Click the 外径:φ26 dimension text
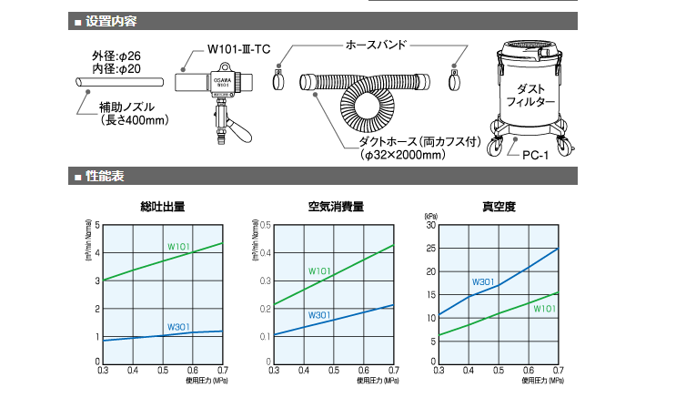[116, 54]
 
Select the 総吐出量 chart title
[163, 207]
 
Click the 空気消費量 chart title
[336, 207]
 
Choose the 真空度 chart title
[499, 207]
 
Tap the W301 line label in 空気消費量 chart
[319, 315]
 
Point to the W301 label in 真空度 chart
[483, 280]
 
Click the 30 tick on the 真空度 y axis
[431, 225]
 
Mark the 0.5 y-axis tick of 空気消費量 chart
[265, 225]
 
